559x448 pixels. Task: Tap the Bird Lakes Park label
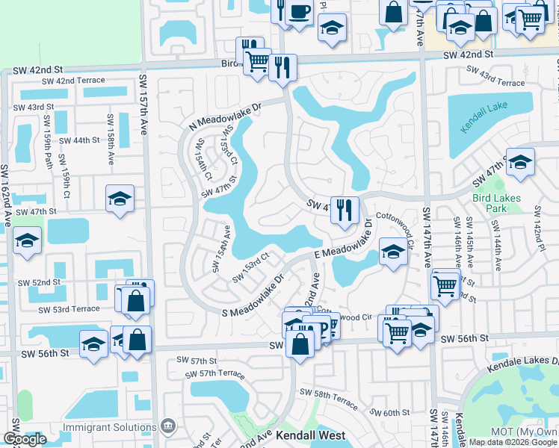[x=500, y=203]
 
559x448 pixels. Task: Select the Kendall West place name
[x=310, y=435]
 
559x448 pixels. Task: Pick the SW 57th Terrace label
[x=211, y=373]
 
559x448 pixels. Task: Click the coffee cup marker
[x=300, y=13]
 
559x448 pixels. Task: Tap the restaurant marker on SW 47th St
[x=345, y=209]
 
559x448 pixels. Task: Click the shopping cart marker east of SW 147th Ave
[x=445, y=284]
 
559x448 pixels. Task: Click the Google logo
[x=25, y=440]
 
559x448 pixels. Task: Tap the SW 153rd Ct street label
[x=250, y=267]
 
